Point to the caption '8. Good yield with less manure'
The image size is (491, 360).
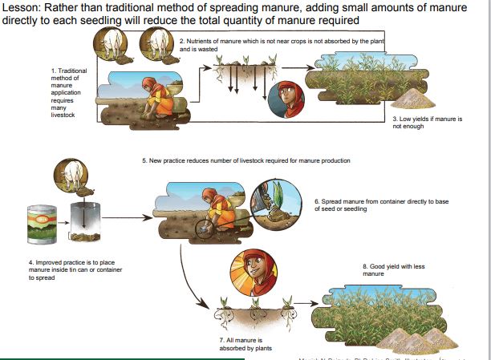coord(390,269)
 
